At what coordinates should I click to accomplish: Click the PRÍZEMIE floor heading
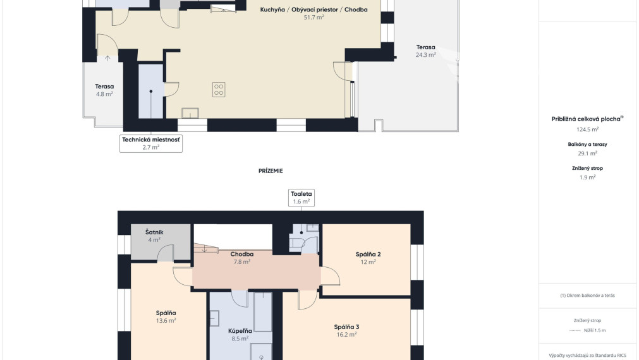point(271,171)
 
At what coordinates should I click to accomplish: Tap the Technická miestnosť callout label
point(151,143)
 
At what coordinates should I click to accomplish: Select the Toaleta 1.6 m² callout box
point(301,198)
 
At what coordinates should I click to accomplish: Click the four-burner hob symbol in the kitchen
point(219,90)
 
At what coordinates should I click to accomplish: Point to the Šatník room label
point(154,232)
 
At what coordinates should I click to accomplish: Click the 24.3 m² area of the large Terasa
point(425,54)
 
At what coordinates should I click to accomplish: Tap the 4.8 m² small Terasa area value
point(104,94)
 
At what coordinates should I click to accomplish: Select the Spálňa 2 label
point(368,254)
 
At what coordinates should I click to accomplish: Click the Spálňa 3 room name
point(346,327)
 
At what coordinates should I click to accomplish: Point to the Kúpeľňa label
point(240,331)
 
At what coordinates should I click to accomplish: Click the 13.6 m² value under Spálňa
point(166,320)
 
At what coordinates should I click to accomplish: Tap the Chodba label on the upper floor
point(241,254)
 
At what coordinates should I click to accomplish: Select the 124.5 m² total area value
point(587,129)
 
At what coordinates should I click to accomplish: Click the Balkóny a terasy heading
point(587,144)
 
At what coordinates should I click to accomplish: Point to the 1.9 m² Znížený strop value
point(587,177)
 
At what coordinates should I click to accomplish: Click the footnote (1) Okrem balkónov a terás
point(587,295)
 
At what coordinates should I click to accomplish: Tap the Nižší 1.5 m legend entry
point(595,330)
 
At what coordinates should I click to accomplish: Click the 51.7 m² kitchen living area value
point(313,18)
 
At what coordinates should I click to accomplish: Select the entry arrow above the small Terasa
point(107,58)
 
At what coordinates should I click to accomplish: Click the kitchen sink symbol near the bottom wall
point(190,113)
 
